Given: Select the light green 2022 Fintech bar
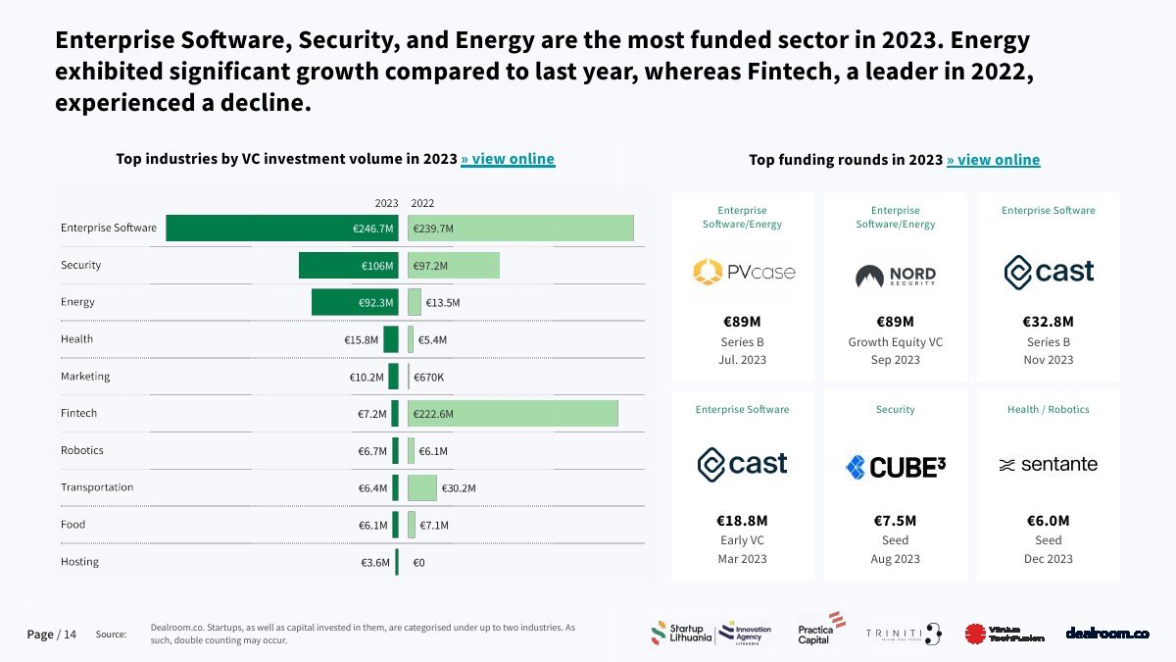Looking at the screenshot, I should [x=513, y=414].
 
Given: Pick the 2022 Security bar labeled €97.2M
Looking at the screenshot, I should [x=454, y=266].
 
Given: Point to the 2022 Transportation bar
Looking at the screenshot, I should [x=422, y=487].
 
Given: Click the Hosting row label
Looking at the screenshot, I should [x=79, y=562].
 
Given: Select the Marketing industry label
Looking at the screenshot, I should [x=85, y=377].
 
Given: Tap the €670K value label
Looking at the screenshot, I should [x=428, y=378].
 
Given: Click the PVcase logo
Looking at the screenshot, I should [x=743, y=272].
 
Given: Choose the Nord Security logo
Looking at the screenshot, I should [x=895, y=276].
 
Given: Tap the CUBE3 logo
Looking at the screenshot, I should [x=895, y=467].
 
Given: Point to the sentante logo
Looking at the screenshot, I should [x=1048, y=465].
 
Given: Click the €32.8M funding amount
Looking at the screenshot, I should [x=1049, y=322].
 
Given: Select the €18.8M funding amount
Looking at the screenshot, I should [x=742, y=521].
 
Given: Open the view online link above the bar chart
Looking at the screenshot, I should [x=508, y=159].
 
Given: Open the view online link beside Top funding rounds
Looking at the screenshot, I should [x=993, y=160].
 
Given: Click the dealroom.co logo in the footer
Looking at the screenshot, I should [x=1107, y=634].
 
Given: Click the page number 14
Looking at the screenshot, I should [x=70, y=635].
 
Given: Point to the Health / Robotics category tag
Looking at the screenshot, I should [x=1048, y=409].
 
